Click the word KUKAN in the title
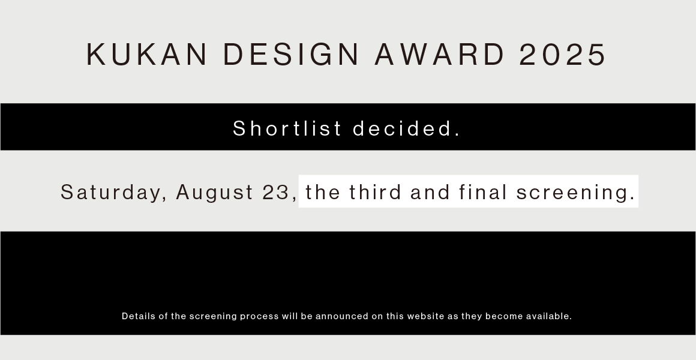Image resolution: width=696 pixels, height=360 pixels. pyautogui.click(x=146, y=54)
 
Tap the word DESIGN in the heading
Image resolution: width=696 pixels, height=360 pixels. pyautogui.click(x=291, y=54)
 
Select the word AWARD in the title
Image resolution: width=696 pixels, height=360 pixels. pyautogui.click(x=439, y=54)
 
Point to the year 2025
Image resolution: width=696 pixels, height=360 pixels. pyautogui.click(x=562, y=54)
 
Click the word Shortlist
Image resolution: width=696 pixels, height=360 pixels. pyautogui.click(x=287, y=128)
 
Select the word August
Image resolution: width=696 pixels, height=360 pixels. pyautogui.click(x=215, y=193)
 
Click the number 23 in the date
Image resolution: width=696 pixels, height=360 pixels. pyautogui.click(x=275, y=192)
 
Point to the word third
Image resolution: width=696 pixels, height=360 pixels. pyautogui.click(x=375, y=192)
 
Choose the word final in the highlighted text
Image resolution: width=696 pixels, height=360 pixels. pyautogui.click(x=483, y=192)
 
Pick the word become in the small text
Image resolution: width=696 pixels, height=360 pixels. pyautogui.click(x=504, y=316)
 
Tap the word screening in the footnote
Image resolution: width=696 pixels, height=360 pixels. pyautogui.click(x=213, y=316)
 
